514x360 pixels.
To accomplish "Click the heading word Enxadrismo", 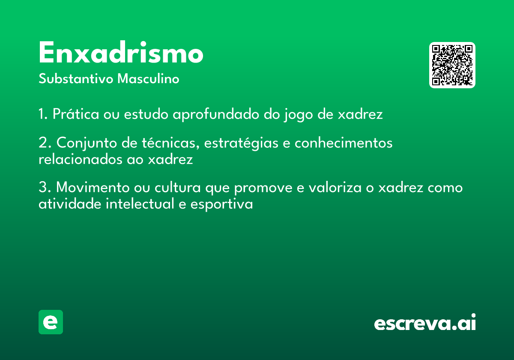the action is [121, 52].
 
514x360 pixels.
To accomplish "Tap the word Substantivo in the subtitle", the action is [76, 78].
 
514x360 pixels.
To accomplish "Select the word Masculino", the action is [148, 78].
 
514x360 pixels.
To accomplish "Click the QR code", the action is [452, 65].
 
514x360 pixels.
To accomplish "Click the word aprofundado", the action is [216, 114].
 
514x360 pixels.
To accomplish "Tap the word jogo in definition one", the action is [298, 115].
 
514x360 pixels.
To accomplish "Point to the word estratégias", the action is [241, 143].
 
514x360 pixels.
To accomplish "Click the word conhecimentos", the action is [344, 142].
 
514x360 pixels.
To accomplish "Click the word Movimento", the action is [93, 187].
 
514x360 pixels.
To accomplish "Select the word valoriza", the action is [335, 187].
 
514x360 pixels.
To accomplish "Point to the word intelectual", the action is [140, 204].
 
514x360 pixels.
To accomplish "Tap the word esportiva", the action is [222, 204].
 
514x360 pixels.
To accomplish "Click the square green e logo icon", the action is [51, 322].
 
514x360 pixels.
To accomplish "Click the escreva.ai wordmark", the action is [425, 322].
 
